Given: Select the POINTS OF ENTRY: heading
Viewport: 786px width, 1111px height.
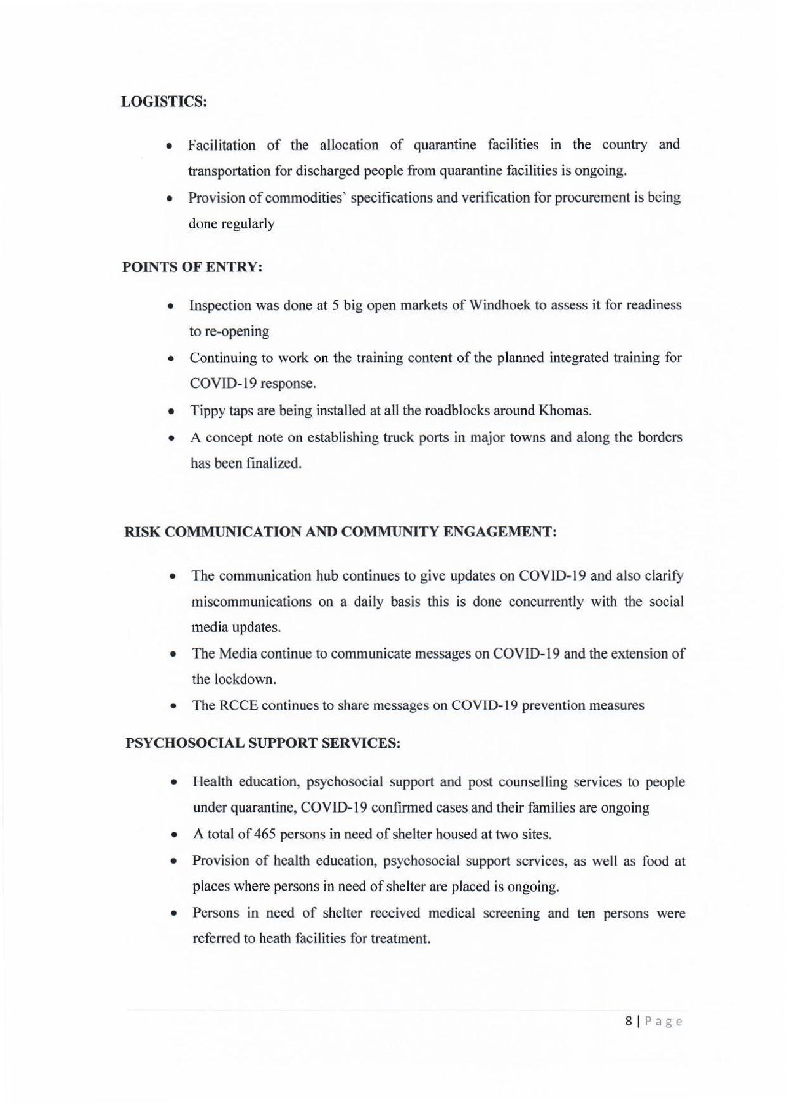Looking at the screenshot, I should coord(192,268).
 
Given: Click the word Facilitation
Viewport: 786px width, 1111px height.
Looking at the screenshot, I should coord(222,145).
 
